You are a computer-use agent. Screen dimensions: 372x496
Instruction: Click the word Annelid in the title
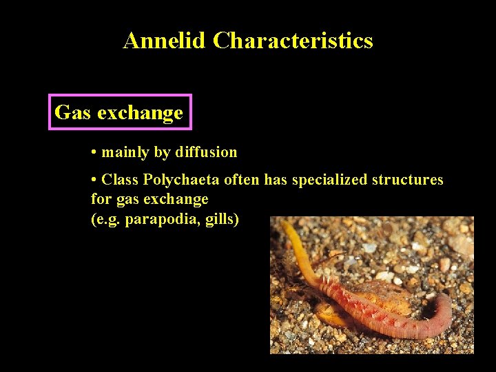coord(164,41)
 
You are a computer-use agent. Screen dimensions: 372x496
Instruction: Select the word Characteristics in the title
coord(293,41)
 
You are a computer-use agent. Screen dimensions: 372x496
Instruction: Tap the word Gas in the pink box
coord(72,112)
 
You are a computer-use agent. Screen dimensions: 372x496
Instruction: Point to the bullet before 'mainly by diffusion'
coord(93,152)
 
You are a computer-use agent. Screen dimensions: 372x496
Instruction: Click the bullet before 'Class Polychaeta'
coord(93,180)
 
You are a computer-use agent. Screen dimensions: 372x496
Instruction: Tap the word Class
coord(120,180)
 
